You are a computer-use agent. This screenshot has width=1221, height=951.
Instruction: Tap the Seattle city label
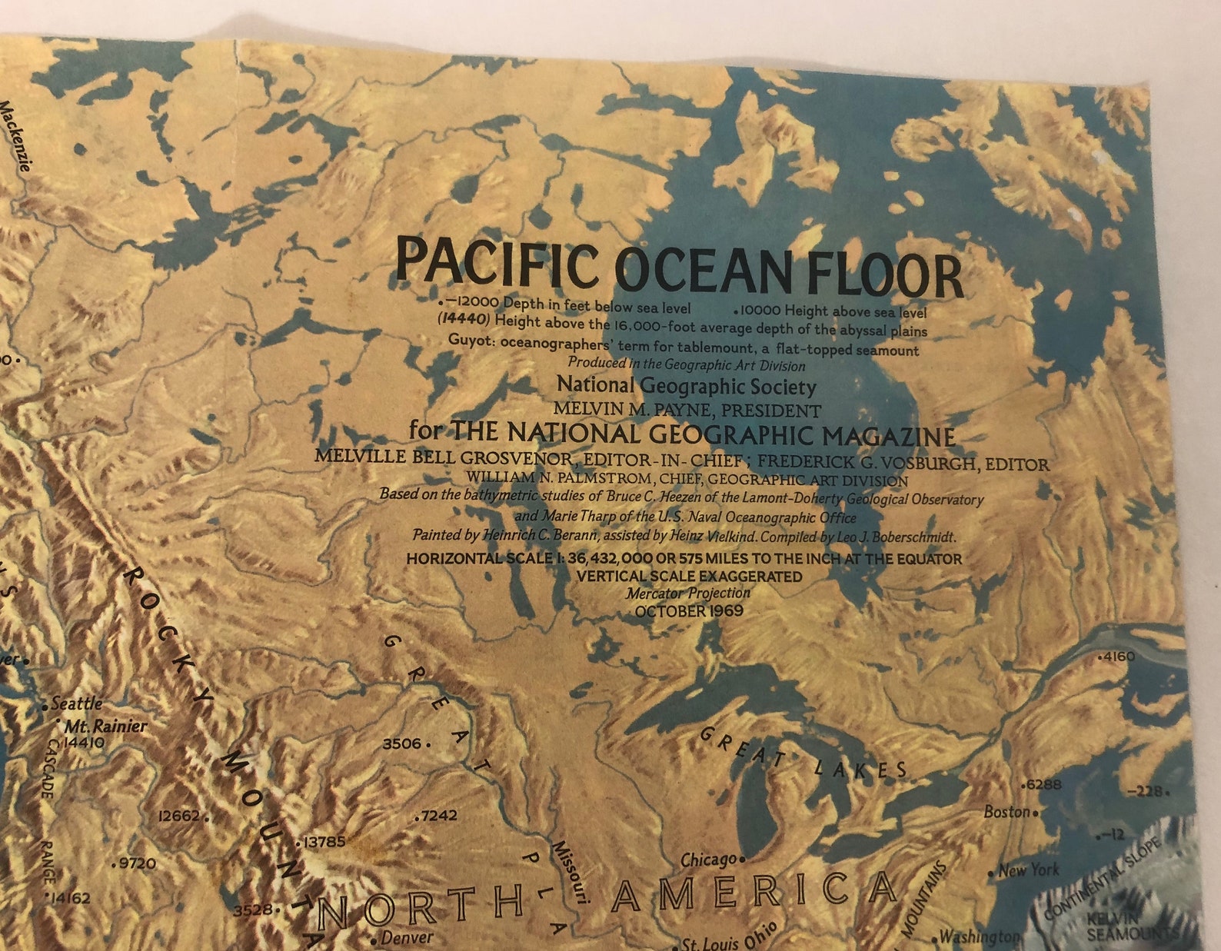[76, 703]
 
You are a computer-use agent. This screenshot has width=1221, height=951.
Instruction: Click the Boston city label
[1006, 812]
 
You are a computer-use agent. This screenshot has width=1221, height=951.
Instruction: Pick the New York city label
[1028, 870]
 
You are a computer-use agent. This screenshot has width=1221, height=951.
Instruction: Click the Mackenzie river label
[17, 135]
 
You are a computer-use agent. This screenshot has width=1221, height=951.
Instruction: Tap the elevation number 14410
[84, 743]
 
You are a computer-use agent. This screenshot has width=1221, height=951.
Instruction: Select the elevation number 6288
[1043, 785]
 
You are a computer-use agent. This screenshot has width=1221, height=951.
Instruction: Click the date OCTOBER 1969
[689, 611]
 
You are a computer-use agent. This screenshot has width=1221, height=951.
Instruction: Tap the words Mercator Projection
[688, 594]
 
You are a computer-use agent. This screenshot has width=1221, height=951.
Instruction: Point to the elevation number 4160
[1118, 657]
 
